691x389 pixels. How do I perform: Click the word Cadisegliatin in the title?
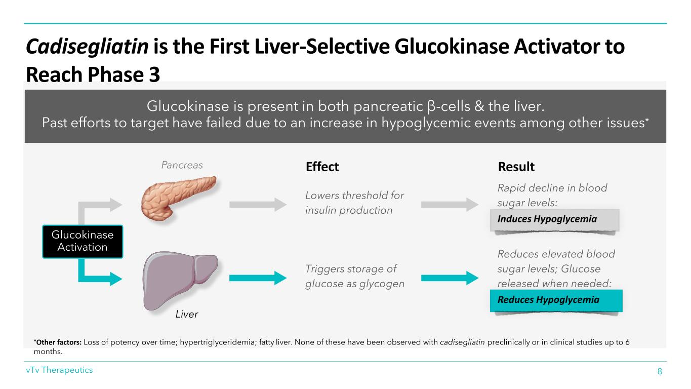[x=87, y=48]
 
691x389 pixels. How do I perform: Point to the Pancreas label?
[x=182, y=165]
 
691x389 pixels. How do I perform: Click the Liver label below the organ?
[x=186, y=315]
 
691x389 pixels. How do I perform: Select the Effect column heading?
[x=322, y=167]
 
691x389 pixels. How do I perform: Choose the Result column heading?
[x=516, y=167]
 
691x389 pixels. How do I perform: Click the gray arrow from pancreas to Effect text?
[x=259, y=204]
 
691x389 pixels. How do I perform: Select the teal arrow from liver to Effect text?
[x=259, y=278]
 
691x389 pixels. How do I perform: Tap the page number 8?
[x=660, y=371]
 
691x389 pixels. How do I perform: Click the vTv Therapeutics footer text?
[x=60, y=370]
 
